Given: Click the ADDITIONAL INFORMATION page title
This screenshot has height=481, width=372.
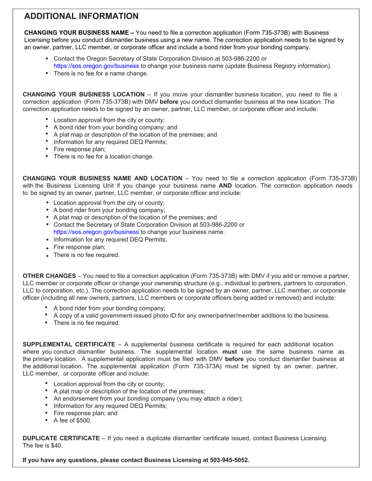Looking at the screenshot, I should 81,16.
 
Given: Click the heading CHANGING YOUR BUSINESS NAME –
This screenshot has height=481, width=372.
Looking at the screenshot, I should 79,33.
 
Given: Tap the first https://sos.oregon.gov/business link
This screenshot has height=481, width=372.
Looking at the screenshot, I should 96,66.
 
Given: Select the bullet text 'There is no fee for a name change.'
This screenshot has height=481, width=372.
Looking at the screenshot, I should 101,74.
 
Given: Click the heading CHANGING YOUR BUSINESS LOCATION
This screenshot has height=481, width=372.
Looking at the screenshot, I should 83,94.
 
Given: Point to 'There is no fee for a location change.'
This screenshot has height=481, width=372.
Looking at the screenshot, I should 103,156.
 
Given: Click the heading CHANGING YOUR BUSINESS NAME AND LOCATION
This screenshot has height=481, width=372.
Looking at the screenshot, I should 102,178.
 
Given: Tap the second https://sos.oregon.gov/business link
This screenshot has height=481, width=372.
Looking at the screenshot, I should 96,232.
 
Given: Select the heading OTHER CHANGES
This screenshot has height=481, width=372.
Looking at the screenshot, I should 49,276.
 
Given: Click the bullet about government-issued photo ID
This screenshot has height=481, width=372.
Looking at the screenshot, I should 191,316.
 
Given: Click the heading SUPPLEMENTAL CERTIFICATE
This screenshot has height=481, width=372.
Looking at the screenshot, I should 69,345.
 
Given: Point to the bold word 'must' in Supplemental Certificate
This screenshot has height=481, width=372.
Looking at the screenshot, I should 229,352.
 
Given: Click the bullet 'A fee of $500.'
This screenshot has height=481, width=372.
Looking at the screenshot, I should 72,420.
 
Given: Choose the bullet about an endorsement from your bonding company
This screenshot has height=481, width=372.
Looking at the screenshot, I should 148,398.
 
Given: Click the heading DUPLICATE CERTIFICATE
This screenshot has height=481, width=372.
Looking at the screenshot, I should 61,438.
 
